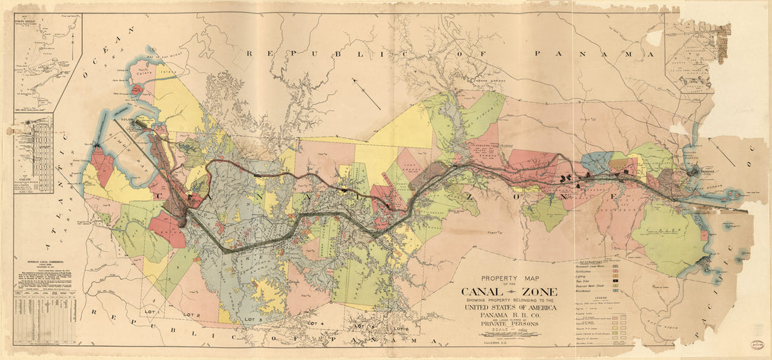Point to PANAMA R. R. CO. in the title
[507, 315]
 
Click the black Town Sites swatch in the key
[615, 279]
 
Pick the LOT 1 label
[150, 310]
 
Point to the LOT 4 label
[315, 324]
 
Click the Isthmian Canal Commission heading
[46, 259]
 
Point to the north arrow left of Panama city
[722, 152]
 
